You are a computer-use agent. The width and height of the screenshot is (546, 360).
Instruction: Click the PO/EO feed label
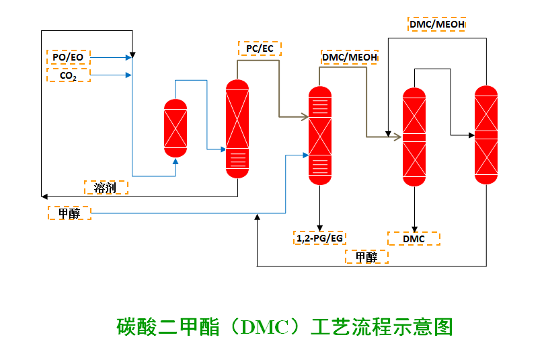[x=68, y=57]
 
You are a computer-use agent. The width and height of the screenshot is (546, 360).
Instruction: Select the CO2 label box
[x=68, y=75]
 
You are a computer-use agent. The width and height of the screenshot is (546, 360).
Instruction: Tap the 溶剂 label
[x=106, y=188]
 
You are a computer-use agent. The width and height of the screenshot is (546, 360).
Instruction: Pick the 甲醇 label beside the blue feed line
[x=69, y=213]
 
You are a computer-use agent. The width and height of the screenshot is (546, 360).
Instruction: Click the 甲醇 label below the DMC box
[x=366, y=257]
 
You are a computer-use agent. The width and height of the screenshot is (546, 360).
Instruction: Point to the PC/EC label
[x=260, y=48]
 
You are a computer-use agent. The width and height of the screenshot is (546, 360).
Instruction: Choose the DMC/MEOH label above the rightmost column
[x=437, y=25]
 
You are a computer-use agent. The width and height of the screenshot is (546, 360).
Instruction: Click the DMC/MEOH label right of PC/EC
[x=350, y=57]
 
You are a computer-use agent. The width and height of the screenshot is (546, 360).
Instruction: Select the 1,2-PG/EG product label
[x=319, y=238]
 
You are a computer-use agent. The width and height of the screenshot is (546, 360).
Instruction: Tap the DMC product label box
[x=414, y=239]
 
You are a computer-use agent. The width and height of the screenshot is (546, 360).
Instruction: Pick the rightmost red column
[x=486, y=135]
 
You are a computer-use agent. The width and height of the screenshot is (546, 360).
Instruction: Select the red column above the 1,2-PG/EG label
[x=319, y=135]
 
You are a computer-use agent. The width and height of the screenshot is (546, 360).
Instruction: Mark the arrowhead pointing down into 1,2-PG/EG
[x=319, y=227]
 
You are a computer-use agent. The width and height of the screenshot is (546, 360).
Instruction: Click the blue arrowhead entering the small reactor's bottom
[x=175, y=161]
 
